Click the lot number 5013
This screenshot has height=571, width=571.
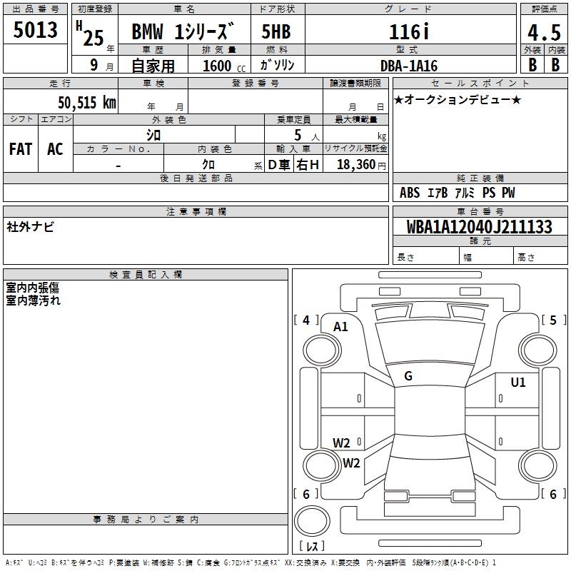coord(35,29)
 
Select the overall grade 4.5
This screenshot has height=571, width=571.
coord(544,32)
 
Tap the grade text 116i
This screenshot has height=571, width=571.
coord(409,31)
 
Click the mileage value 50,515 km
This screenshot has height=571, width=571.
coord(87,102)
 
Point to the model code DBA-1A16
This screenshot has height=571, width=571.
coord(409,66)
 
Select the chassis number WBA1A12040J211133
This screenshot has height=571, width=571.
coord(479,226)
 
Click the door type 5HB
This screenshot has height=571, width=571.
coord(276,31)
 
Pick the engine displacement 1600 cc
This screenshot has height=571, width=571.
coord(224,66)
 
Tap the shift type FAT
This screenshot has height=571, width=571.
coord(21,149)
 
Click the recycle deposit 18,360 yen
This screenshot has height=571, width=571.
coord(361,165)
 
